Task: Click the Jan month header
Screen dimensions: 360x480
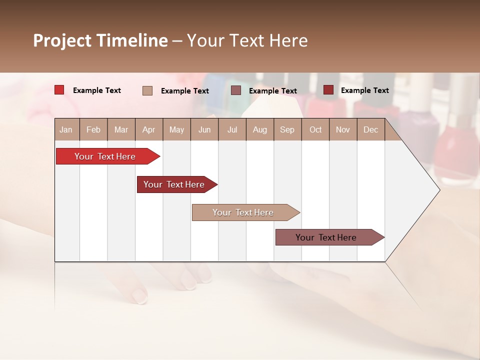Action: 66,129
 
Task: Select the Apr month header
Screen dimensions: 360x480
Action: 148,129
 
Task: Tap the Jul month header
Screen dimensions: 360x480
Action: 232,129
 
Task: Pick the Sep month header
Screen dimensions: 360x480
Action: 287,129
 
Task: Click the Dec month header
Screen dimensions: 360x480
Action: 370,129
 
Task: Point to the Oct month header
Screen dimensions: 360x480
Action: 315,129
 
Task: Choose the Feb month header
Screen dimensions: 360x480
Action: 93,129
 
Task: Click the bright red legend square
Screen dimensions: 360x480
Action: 59,90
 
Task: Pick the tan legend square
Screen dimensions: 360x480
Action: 147,90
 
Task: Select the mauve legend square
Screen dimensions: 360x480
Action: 235,90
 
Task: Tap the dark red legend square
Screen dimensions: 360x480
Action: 328,90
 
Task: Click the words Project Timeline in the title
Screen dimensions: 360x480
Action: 100,40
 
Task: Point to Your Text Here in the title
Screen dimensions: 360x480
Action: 247,40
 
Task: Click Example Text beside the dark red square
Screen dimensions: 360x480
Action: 364,90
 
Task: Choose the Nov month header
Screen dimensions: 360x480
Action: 342,129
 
